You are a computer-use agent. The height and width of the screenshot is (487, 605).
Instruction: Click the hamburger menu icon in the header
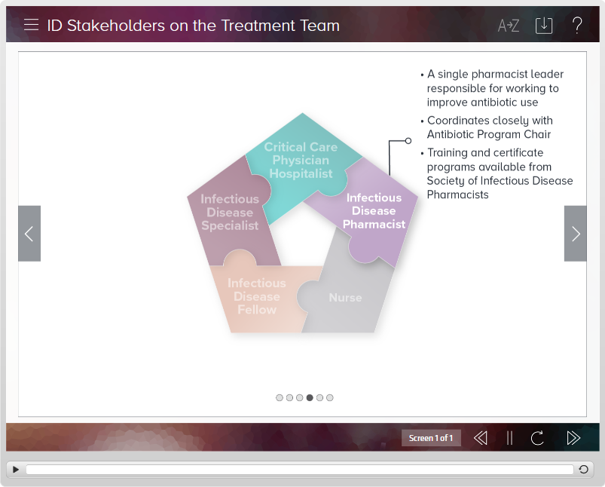[31, 25]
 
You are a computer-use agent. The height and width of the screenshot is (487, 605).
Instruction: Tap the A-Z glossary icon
[508, 26]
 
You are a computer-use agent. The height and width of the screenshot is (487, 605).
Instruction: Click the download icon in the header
[544, 26]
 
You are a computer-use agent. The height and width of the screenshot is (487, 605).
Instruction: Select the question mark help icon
[577, 25]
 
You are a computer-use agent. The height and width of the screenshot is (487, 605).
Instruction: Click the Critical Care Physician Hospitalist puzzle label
[301, 161]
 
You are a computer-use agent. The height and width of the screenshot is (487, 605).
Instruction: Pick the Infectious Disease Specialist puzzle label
[230, 212]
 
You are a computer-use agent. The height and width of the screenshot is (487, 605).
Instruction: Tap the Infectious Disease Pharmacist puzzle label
[374, 211]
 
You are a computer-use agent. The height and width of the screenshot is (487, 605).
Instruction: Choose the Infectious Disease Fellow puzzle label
[257, 296]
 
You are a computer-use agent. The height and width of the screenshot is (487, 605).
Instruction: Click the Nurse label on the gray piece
[345, 298]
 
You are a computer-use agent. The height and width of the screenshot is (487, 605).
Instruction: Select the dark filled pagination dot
[310, 398]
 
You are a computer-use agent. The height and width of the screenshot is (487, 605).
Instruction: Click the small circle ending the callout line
[408, 141]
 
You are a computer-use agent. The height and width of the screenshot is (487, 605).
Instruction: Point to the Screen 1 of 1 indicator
[431, 438]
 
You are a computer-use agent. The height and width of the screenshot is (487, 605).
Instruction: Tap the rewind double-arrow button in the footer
[480, 438]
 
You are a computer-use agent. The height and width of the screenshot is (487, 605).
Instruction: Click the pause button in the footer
[510, 438]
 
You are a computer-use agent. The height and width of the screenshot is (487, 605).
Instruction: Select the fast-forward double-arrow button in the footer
[573, 438]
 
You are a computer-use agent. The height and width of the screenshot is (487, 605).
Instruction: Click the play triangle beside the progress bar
[15, 470]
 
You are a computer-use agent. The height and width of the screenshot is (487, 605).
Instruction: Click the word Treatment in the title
[258, 26]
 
